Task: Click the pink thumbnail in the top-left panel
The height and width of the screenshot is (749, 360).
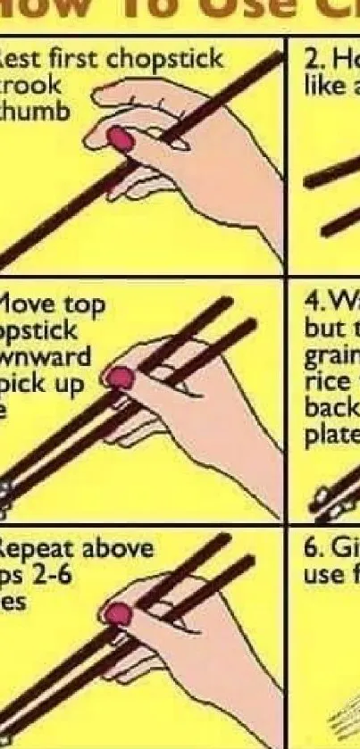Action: pos(119,138)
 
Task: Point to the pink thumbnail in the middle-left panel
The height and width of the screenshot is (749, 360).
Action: pos(120,379)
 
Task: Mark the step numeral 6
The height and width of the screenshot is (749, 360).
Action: pos(310,547)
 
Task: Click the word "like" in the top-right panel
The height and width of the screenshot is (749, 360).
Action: pos(322,87)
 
